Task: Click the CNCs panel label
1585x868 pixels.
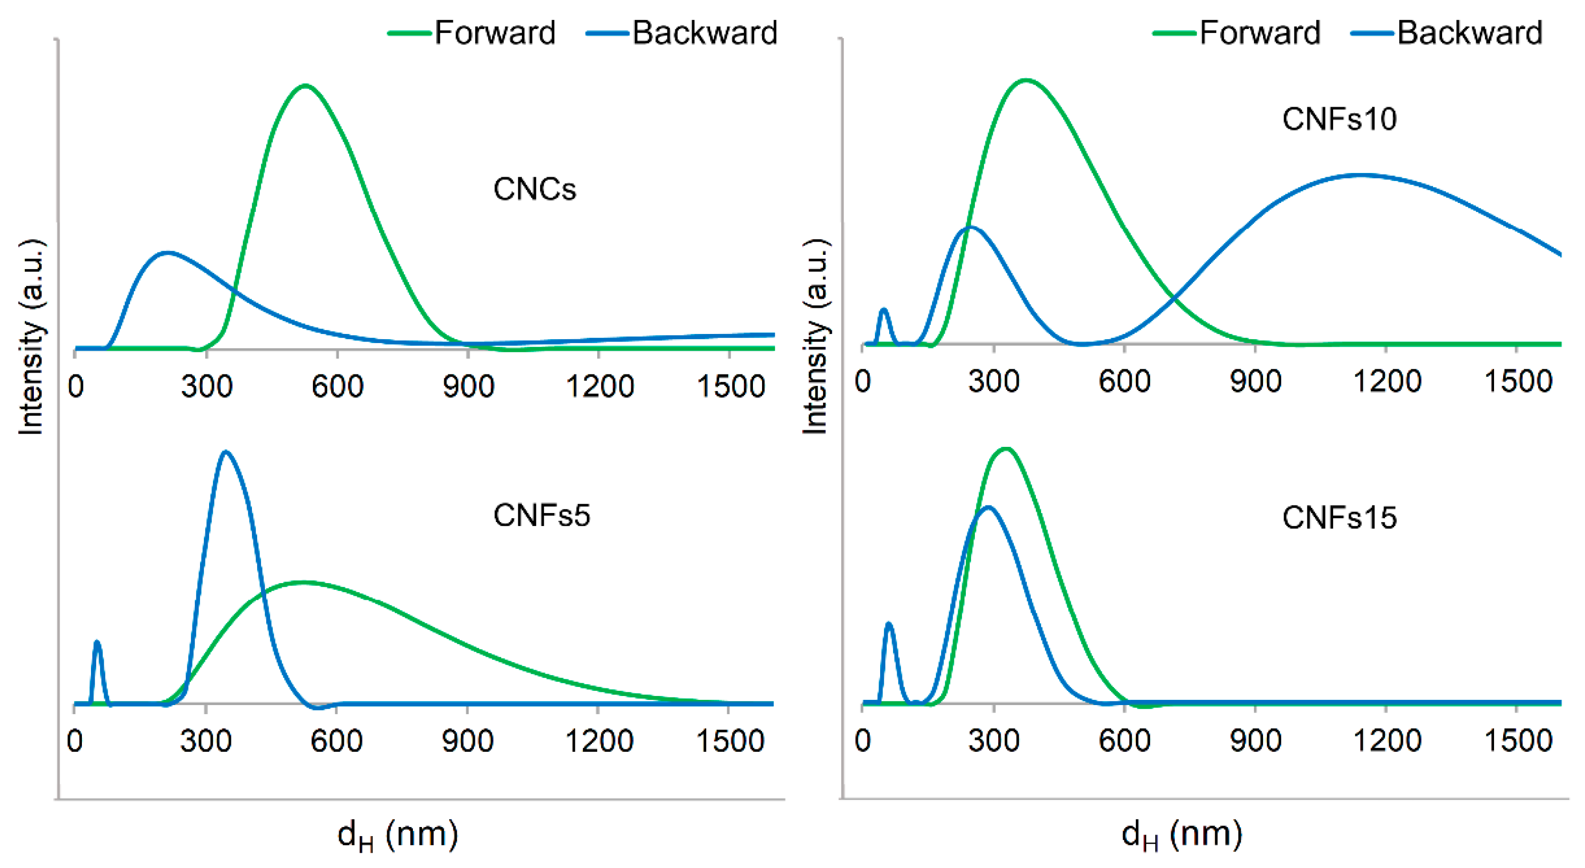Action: (534, 189)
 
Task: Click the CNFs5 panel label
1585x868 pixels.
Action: (541, 515)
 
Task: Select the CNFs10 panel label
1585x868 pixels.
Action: (1339, 119)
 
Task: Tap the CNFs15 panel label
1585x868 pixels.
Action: (1339, 517)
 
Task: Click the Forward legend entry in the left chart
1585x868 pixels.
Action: (472, 32)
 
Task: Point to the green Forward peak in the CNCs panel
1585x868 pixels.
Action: (305, 86)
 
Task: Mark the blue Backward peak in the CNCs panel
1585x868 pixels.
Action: (167, 252)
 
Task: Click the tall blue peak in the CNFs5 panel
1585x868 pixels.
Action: (226, 453)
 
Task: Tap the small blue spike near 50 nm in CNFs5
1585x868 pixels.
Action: (97, 643)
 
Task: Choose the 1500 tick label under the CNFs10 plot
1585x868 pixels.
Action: (1518, 381)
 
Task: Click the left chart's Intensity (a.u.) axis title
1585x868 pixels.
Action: (31, 337)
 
